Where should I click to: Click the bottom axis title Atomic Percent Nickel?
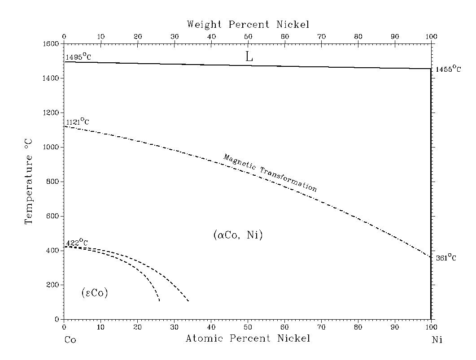point(248,338)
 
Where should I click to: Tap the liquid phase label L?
point(249,56)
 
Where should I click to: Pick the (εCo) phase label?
point(95,293)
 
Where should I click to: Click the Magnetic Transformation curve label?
point(270,173)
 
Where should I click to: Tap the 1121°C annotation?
point(78,121)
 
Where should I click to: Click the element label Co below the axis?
point(70,340)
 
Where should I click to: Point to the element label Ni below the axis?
point(437,340)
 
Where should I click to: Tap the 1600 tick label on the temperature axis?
point(52,44)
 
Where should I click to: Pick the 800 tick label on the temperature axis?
point(54,182)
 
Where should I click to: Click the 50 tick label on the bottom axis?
point(248,328)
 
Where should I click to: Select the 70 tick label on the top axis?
point(321,36)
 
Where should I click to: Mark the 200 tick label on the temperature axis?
point(54,285)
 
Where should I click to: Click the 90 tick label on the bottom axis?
point(394,328)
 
